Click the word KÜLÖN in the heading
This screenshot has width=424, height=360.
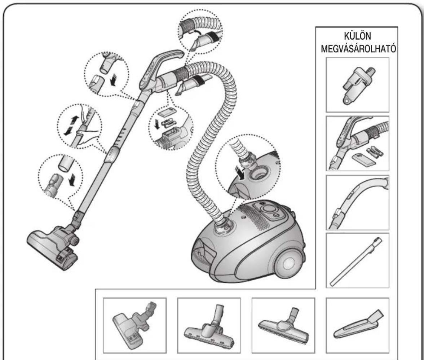357,36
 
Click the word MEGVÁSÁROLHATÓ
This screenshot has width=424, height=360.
358,49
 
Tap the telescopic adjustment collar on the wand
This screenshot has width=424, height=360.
113,154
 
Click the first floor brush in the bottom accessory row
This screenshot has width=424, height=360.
133,326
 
